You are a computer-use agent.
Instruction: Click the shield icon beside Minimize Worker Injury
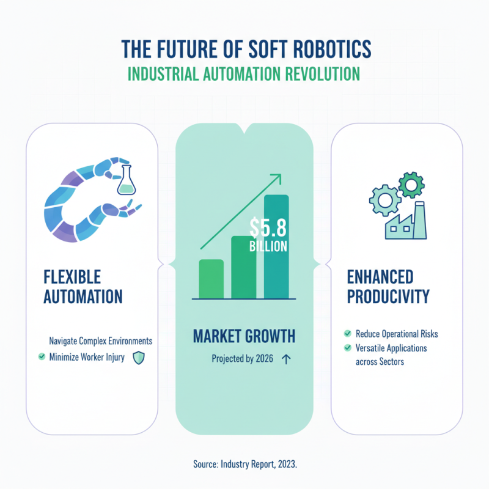(138, 358)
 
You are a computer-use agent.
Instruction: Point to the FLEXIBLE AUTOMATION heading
(83, 286)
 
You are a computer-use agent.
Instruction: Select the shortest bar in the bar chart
(211, 279)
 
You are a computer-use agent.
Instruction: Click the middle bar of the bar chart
(244, 267)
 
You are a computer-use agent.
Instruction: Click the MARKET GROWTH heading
(244, 336)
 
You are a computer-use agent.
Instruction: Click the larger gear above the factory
(386, 197)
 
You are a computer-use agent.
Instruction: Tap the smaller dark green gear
(410, 182)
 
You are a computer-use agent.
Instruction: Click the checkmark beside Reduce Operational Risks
(347, 334)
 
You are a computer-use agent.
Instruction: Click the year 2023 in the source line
(285, 465)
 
